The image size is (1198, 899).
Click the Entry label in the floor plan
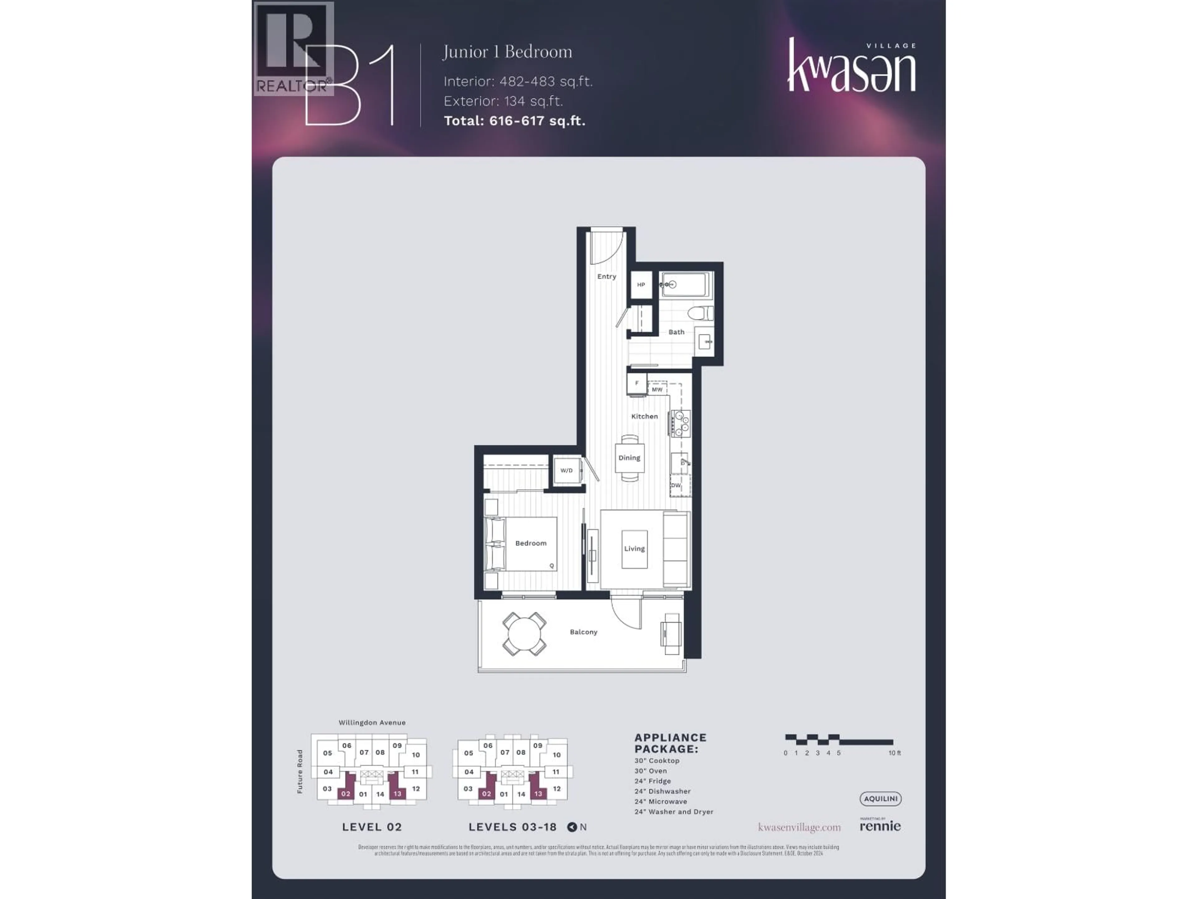tap(606, 276)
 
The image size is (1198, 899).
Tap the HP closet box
tap(641, 284)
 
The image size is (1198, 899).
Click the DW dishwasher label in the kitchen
tap(676, 485)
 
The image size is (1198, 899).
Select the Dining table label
tap(629, 458)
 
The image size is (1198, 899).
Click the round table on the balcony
tap(524, 633)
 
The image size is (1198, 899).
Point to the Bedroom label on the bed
tap(531, 543)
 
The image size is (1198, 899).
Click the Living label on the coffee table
tap(634, 548)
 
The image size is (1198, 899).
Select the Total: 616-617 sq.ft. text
tap(514, 121)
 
